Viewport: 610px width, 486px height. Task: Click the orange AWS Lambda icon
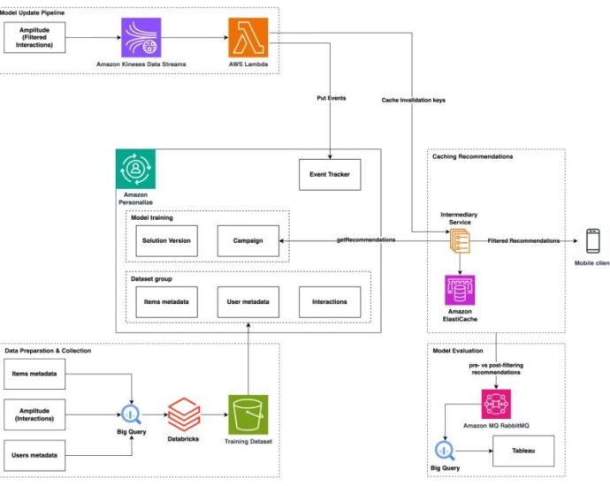pos(248,37)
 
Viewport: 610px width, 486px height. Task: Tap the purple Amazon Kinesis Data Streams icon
pos(141,37)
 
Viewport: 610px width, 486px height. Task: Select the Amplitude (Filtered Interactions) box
pos(34,37)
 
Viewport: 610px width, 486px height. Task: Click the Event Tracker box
pos(330,175)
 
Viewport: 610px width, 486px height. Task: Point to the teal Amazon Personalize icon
pos(136,169)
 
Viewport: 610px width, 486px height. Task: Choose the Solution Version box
pos(166,240)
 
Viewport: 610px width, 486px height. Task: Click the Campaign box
pos(248,240)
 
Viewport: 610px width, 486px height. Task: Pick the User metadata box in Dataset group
pos(248,302)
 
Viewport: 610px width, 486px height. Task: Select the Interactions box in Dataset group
pos(330,302)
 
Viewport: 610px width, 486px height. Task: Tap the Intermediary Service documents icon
pos(460,241)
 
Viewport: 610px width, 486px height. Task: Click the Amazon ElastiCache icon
pos(460,290)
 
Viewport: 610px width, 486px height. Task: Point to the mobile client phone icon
pos(593,241)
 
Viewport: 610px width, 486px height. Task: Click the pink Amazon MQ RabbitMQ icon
pos(496,405)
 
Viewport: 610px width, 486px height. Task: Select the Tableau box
pos(523,451)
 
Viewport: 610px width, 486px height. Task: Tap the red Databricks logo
pos(184,414)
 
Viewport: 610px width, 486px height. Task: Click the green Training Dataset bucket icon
pos(248,414)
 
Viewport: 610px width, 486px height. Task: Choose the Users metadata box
pos(34,455)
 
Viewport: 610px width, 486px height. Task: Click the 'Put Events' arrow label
pos(332,98)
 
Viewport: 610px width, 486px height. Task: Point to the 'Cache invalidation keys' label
pos(414,100)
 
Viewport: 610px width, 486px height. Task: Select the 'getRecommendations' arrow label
pos(366,239)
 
